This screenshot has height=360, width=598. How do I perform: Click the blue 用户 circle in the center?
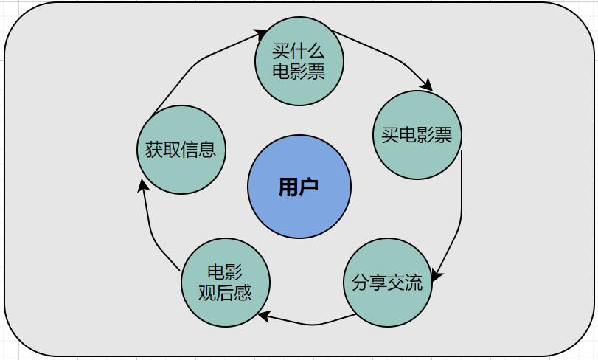click(299, 187)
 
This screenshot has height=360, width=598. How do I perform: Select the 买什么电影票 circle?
click(299, 61)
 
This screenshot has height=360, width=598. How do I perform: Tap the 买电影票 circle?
click(417, 134)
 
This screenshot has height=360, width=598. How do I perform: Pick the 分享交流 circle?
click(387, 283)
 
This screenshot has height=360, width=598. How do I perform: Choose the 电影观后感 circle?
click(226, 283)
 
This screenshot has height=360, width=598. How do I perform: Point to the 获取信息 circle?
click(181, 150)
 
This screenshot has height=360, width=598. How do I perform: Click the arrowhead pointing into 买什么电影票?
click(260, 35)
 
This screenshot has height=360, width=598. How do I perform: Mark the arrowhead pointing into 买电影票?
click(427, 85)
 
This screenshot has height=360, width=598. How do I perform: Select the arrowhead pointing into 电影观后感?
click(264, 316)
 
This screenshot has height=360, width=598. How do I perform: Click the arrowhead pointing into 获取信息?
click(142, 186)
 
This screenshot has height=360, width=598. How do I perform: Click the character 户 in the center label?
click(308, 187)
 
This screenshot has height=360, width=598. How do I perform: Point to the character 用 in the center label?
click(288, 187)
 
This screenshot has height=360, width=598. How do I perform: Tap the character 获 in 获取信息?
click(153, 150)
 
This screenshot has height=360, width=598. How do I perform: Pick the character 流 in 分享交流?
click(414, 283)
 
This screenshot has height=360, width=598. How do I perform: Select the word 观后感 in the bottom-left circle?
click(225, 292)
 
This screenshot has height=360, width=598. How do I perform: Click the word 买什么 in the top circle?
click(299, 51)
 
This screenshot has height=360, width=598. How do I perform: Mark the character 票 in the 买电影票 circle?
click(443, 134)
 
